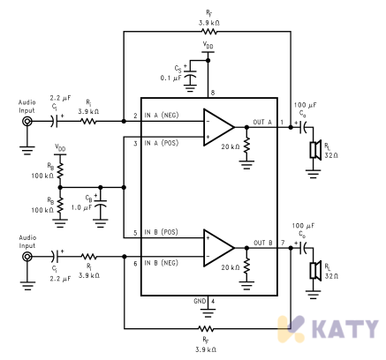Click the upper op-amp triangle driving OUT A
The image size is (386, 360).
218,127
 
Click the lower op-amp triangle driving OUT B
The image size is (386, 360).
218,248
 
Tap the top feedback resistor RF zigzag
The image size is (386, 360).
208,32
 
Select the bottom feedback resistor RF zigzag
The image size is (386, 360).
206,328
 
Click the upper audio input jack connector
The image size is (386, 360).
27,121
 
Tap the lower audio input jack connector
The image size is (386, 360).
27,257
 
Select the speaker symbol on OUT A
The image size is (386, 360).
315,150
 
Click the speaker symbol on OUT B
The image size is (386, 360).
315,271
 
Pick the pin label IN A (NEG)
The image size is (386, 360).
162,115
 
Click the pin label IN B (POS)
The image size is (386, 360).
162,232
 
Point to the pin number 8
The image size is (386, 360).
213,93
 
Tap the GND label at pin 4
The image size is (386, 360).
200,301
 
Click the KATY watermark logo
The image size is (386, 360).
328,328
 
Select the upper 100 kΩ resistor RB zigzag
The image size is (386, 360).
60,170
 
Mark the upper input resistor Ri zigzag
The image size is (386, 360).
88,121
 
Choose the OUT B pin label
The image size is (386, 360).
263,243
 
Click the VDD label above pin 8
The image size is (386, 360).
208,46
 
